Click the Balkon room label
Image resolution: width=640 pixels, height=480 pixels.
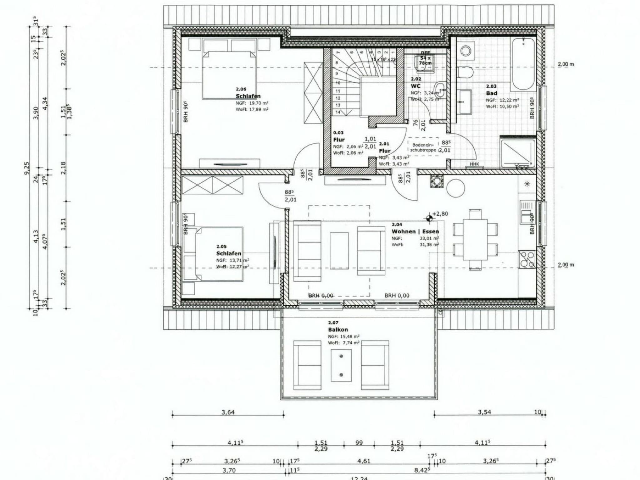[x=338, y=329]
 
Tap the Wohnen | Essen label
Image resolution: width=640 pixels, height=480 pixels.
[x=415, y=232]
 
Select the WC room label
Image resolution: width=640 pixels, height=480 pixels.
[x=416, y=86]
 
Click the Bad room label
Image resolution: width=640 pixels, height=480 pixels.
[x=491, y=93]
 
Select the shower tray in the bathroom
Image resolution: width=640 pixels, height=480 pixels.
[x=518, y=152]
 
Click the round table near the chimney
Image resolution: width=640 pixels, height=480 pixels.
[x=456, y=188]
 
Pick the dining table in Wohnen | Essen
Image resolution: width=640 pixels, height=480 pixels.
[x=475, y=239]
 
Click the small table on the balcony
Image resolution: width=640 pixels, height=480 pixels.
[x=341, y=365]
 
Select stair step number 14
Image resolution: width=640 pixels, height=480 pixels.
[x=338, y=112]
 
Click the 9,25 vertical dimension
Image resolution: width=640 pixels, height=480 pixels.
[x=27, y=168]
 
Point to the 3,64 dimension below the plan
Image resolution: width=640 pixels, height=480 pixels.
[x=228, y=412]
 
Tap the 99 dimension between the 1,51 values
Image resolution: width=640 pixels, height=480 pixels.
[x=359, y=443]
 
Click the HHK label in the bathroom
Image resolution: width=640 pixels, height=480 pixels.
[x=474, y=164]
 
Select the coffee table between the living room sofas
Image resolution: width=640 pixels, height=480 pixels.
[x=339, y=251]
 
